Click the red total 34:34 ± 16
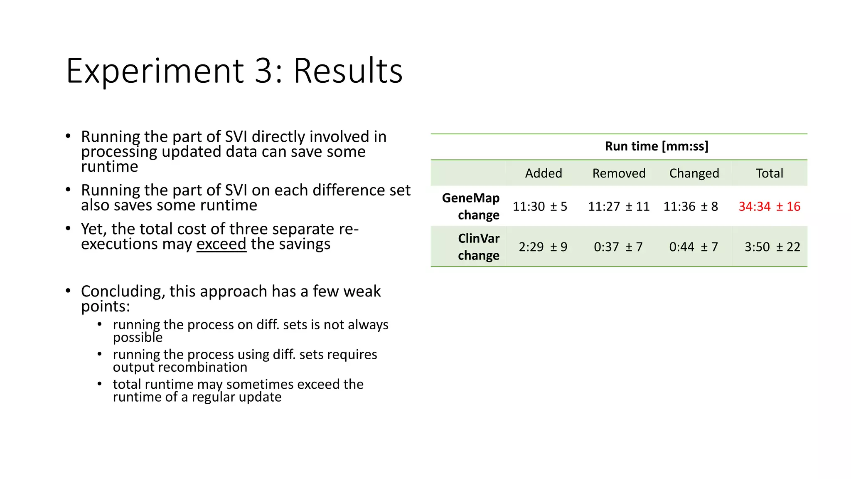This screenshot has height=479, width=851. coord(769,206)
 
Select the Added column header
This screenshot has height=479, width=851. coord(543,173)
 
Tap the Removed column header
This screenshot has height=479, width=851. coord(619,173)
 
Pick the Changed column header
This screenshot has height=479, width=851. coord(694,173)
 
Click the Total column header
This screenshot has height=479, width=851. coord(769,173)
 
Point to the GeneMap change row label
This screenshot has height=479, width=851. coord(471,206)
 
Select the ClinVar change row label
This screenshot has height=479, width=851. coord(478,247)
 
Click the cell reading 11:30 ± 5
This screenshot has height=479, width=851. coord(540,206)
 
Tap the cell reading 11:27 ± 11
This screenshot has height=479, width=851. coord(619,206)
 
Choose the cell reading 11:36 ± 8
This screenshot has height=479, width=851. coord(691,206)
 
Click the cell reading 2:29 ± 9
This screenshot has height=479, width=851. coord(543,247)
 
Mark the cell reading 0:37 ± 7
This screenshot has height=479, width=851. coord(618,247)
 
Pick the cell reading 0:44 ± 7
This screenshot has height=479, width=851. coord(694,247)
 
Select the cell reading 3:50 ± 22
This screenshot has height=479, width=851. coord(772,247)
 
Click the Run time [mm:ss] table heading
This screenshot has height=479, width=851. coord(657,146)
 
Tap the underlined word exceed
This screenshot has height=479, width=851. coord(221,244)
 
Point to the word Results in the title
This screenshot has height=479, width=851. coord(348,71)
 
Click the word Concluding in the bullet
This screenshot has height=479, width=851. coord(122,291)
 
